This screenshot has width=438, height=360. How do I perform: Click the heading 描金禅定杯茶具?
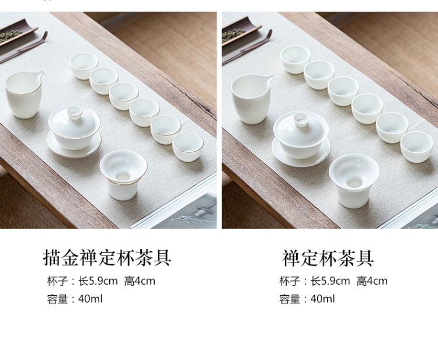(x=107, y=257)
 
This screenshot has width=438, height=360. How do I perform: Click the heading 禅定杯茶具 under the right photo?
(x=328, y=258)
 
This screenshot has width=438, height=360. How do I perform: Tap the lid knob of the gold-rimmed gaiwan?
(x=74, y=111)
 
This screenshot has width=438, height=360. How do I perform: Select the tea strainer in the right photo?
(x=354, y=181)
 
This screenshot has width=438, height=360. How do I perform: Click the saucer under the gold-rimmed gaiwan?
(x=74, y=148)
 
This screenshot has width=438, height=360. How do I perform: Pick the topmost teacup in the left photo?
(x=84, y=66)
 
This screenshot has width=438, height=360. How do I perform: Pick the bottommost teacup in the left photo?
(x=187, y=147)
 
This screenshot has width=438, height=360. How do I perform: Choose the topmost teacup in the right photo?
(x=296, y=60)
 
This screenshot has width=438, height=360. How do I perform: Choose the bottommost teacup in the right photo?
(x=416, y=147)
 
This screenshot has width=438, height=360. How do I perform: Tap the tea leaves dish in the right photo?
(x=240, y=32)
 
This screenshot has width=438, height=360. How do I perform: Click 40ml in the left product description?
(x=90, y=299)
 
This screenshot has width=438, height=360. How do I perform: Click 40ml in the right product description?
(x=322, y=299)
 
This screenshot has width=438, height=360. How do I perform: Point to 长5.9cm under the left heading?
(x=98, y=281)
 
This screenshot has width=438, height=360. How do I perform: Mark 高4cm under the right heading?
(x=372, y=281)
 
